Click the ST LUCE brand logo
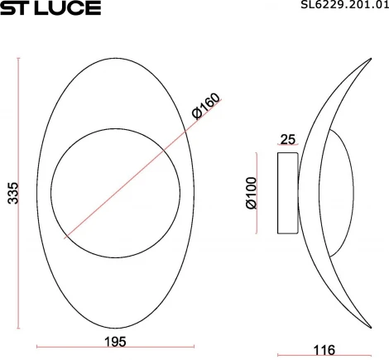[50, 8]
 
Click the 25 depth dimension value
[288, 138]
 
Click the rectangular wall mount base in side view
[287, 192]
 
